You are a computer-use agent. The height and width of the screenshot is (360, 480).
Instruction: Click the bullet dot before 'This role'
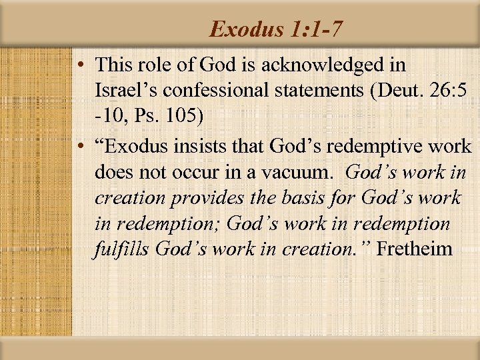80,66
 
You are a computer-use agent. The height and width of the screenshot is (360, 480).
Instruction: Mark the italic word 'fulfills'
122,249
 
